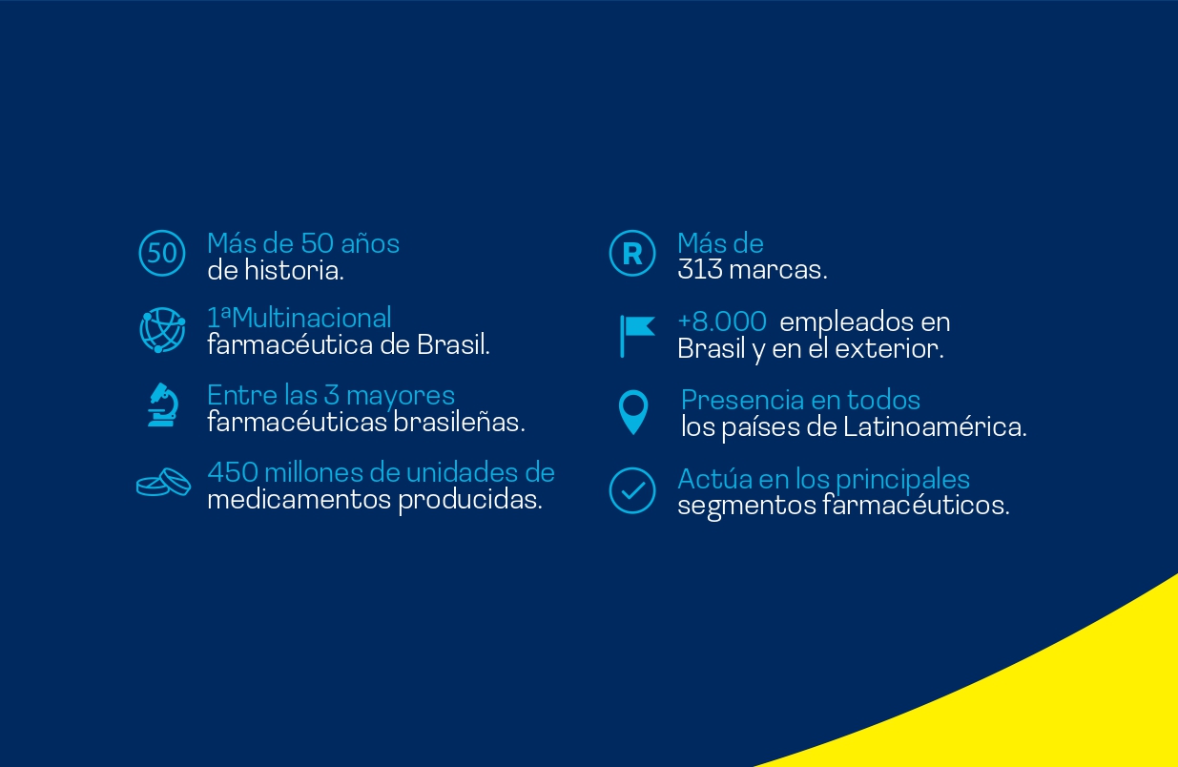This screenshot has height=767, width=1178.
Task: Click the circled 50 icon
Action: pyautogui.click(x=162, y=253)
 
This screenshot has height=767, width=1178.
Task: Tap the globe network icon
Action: pyautogui.click(x=162, y=330)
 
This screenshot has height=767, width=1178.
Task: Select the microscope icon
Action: pyautogui.click(x=163, y=404)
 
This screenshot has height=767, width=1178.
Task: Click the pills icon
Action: pyautogui.click(x=163, y=483)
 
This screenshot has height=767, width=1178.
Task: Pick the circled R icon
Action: pyautogui.click(x=632, y=253)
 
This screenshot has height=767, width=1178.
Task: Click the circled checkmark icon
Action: pyautogui.click(x=632, y=490)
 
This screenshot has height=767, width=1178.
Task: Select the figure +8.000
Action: pyautogui.click(x=722, y=321)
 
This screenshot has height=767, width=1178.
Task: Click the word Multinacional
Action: pyautogui.click(x=311, y=318)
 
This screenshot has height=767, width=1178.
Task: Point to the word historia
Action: pyautogui.click(x=294, y=270)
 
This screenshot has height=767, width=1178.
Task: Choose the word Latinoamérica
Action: pyautogui.click(x=935, y=426)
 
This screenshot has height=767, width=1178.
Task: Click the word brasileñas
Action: pyautogui.click(x=459, y=422)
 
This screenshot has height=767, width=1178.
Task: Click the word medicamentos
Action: pyautogui.click(x=299, y=500)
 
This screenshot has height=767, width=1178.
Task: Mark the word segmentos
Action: pyautogui.click(x=746, y=507)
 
